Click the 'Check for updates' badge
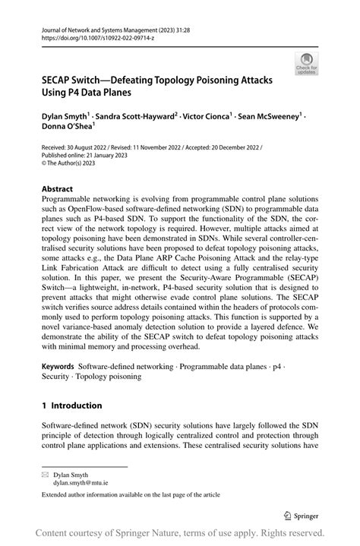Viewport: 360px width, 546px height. (x=307, y=63)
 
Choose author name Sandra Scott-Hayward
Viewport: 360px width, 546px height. (x=134, y=118)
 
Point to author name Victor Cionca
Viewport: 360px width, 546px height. (x=201, y=118)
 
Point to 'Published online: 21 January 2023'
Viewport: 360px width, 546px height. (x=84, y=155)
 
